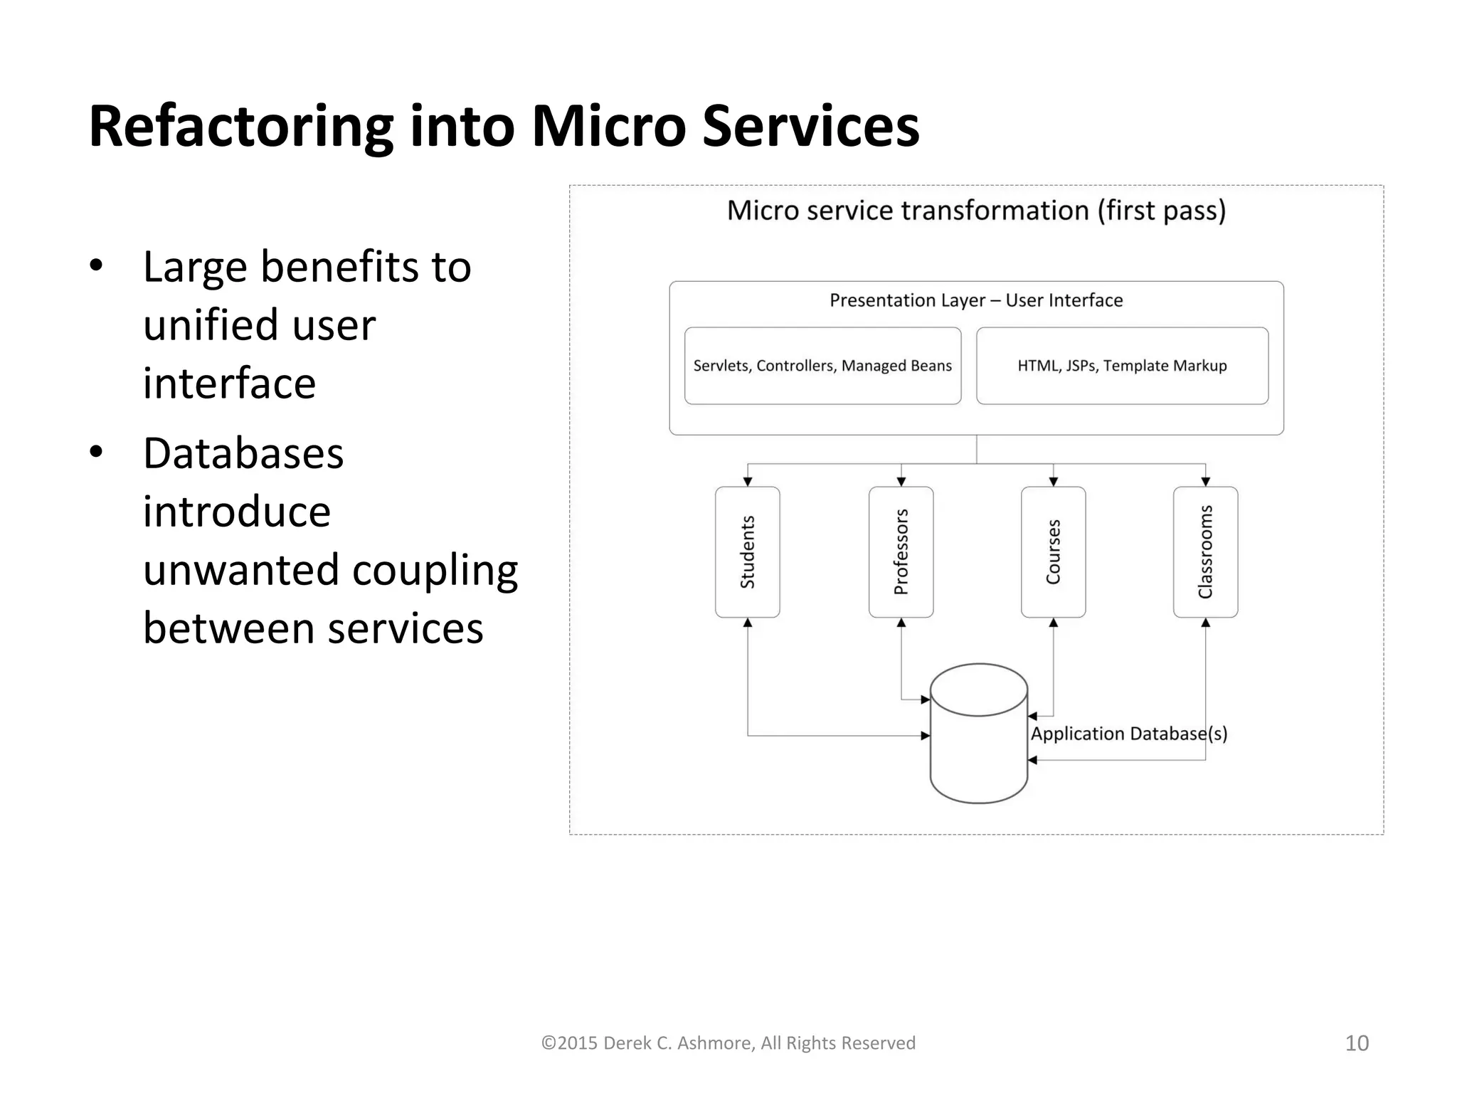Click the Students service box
(747, 551)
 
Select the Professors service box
(901, 551)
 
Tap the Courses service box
(1053, 551)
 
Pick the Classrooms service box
(1205, 551)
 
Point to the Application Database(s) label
(1129, 734)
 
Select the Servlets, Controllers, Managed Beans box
(822, 366)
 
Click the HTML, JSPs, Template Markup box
(1122, 366)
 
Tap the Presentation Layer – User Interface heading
(976, 300)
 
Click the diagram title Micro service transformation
(976, 211)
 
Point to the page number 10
(1357, 1043)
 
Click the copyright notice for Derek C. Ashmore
(728, 1043)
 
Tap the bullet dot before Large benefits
(97, 266)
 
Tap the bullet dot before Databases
(97, 453)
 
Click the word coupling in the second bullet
(435, 571)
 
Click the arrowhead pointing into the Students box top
(748, 482)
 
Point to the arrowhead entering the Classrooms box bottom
(1205, 623)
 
